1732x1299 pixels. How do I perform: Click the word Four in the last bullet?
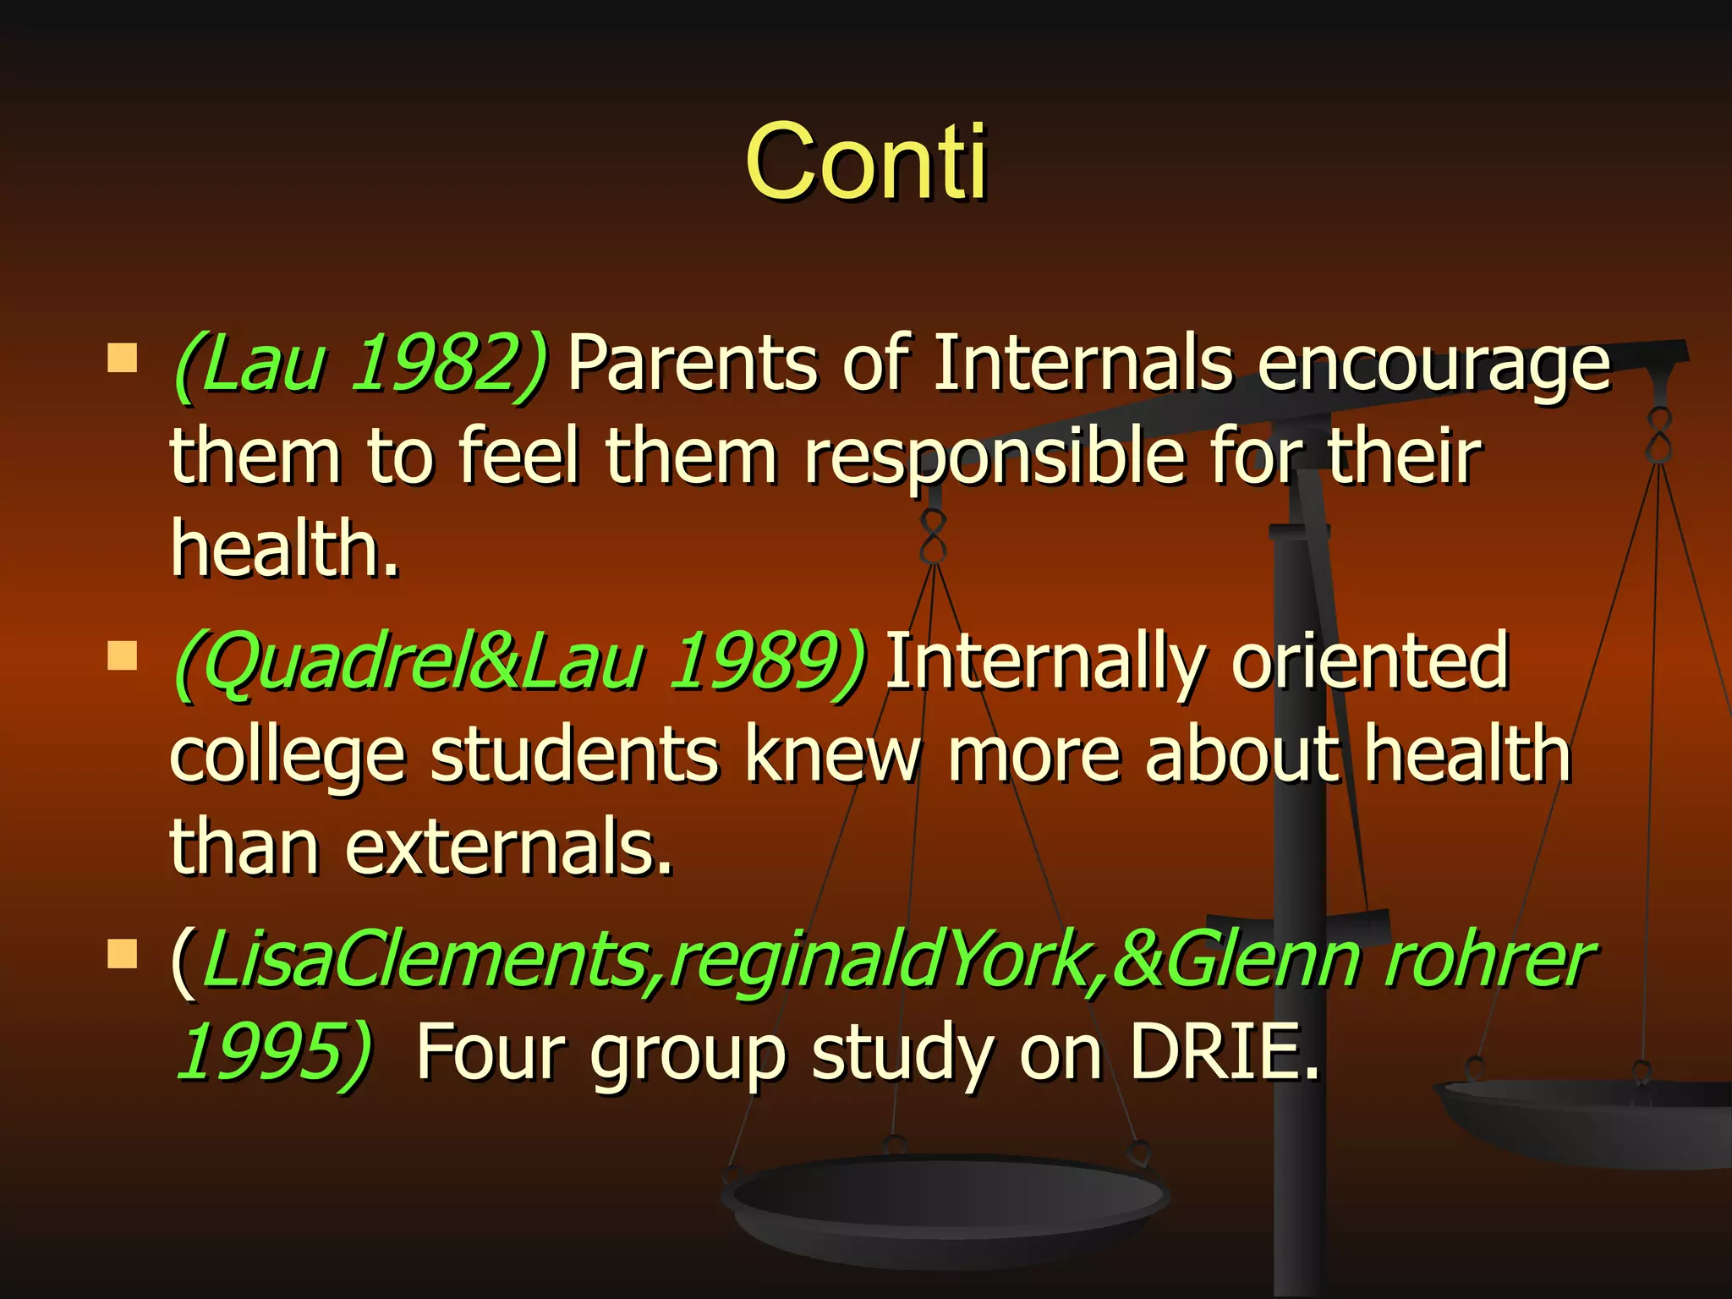(491, 1051)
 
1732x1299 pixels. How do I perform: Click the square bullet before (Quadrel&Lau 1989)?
(123, 655)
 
